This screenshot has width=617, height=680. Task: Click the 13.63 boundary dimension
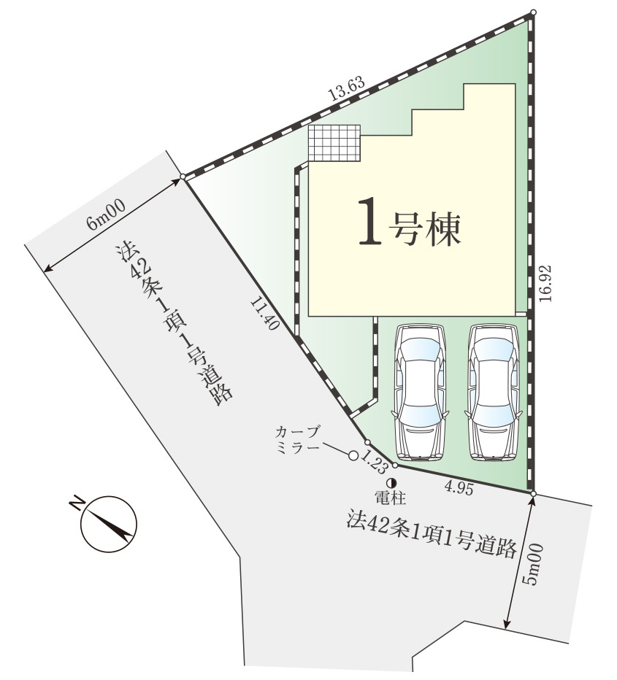pos(346,89)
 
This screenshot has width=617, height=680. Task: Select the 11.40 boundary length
pos(264,313)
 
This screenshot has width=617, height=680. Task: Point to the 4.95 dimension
pos(459,488)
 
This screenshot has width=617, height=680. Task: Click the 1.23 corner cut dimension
pos(374,463)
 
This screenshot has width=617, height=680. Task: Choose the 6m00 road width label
pos(107,215)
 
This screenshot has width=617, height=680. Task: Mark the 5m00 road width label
pos(532,564)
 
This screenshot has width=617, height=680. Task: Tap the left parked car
pos(420,393)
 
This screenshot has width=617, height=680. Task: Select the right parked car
pos(493,393)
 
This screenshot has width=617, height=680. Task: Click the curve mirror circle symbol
pos(353,455)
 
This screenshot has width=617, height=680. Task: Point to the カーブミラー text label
pos(298,440)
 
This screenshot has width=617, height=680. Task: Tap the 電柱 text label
pos(391,498)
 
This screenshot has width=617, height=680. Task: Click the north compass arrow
pos(109,524)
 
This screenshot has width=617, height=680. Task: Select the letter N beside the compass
pos(77,503)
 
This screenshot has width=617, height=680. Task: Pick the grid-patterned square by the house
pos(334,143)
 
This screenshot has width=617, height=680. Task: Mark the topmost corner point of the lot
pos(533,12)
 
